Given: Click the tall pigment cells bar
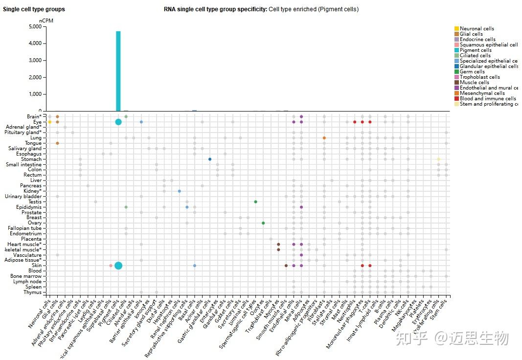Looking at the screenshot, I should (118, 71).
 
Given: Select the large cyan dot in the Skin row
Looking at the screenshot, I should (118, 266).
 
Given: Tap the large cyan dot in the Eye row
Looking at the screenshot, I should (118, 122).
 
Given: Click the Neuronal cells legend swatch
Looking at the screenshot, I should (457, 29).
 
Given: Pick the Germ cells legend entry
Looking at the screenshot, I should (473, 72).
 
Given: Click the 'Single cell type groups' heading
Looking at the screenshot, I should (34, 9).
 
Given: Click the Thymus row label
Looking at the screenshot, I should (32, 292).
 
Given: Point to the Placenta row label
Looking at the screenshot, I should (31, 239).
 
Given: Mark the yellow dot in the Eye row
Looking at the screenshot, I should (50, 122).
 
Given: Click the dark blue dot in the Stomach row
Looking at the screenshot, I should (210, 159).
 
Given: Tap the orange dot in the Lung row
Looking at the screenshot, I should (324, 138).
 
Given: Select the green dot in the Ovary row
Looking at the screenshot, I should (263, 223).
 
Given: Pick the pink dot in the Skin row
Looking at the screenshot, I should (111, 266).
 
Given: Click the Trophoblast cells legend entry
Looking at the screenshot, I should (479, 77).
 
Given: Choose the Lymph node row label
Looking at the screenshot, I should (28, 282).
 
